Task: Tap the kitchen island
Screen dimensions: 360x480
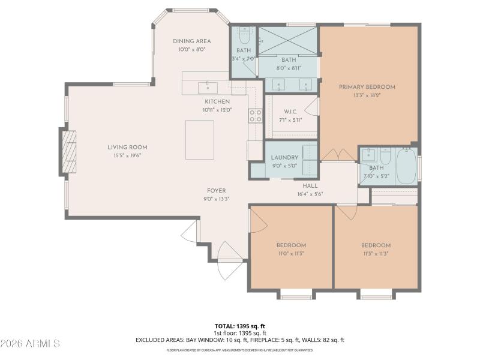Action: [x=200, y=140]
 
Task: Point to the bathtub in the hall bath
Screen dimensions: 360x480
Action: [x=406, y=166]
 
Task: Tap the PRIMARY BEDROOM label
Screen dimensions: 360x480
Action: [x=367, y=87]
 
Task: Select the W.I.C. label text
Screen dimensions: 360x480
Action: [x=291, y=112]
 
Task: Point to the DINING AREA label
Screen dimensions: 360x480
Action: [x=191, y=41]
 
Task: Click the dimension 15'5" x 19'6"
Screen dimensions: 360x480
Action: [x=127, y=155]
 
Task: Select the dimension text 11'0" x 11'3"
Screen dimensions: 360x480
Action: [x=291, y=253]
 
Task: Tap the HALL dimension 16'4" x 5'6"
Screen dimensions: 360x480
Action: [x=310, y=194]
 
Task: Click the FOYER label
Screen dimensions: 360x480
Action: [x=217, y=191]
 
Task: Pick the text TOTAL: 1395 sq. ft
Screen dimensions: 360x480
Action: [x=241, y=326]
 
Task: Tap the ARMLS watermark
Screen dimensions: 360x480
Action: [x=30, y=344]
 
